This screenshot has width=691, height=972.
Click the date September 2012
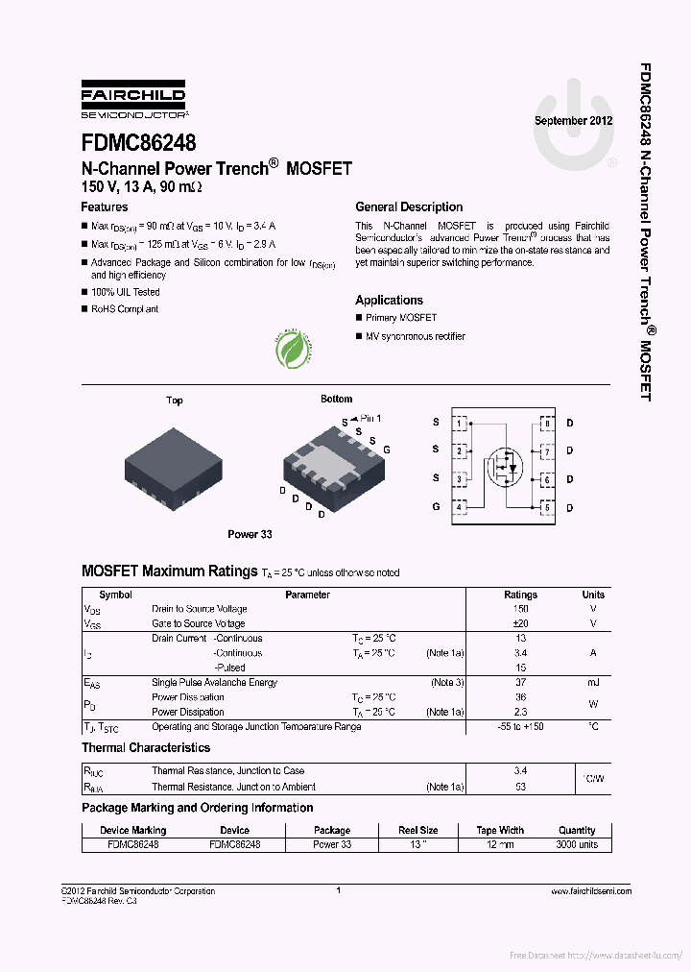tap(573, 121)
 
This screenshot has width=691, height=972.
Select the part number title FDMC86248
tap(138, 144)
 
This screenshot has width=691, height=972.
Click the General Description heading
tap(409, 207)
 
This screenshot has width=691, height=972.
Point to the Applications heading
tap(389, 301)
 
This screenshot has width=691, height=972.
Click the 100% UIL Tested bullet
tap(125, 292)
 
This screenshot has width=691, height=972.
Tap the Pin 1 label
tap(369, 419)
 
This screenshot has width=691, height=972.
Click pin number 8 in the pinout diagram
tap(546, 423)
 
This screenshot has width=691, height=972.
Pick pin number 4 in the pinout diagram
tap(461, 506)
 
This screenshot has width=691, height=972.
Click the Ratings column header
tap(521, 595)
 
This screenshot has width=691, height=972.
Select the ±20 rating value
tap(521, 623)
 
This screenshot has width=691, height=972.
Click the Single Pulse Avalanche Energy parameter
tap(214, 683)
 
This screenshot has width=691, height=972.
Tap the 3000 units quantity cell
tap(577, 844)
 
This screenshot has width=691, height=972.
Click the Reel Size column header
tap(418, 830)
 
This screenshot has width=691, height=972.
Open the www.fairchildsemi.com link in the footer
tap(592, 892)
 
